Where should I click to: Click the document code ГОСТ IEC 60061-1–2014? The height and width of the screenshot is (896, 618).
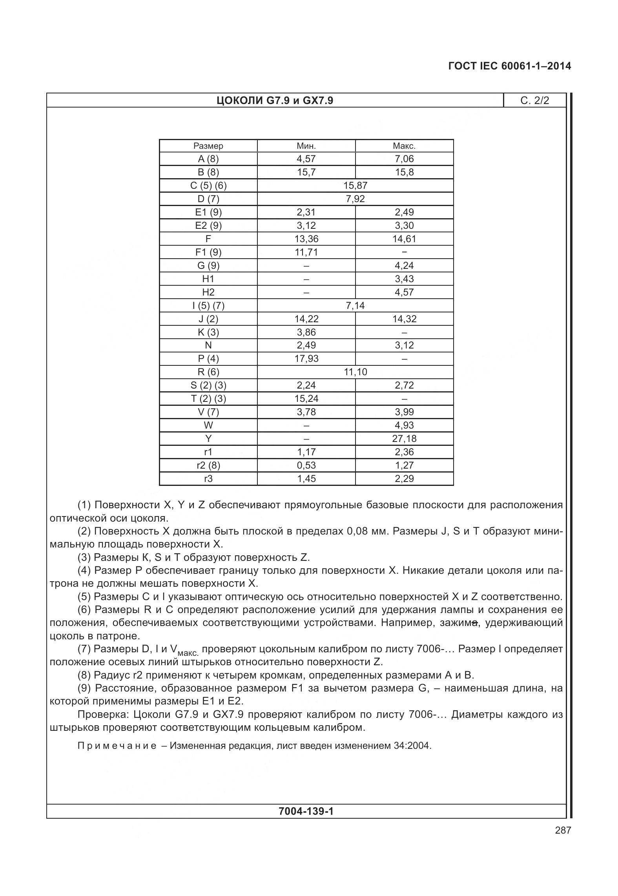[509, 66]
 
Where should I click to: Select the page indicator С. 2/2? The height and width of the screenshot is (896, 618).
[534, 101]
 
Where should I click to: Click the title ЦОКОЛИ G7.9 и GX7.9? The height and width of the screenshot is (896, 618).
[275, 101]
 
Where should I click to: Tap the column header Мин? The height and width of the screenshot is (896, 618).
[306, 146]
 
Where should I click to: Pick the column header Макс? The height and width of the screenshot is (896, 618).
[404, 146]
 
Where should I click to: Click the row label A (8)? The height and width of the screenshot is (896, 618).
[208, 159]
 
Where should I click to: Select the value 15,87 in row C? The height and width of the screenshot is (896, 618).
[355, 186]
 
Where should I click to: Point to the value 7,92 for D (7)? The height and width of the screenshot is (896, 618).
[355, 199]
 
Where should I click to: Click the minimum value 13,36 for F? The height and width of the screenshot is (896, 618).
[306, 239]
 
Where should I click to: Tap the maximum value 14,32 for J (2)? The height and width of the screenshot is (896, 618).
[404, 319]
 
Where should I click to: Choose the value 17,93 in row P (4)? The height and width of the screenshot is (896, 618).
[306, 359]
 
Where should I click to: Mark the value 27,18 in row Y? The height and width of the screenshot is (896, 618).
[404, 439]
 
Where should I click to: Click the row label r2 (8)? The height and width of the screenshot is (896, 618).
[208, 465]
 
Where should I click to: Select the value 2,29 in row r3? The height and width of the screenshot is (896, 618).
[404, 479]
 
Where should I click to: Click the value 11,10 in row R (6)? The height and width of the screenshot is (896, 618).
[355, 372]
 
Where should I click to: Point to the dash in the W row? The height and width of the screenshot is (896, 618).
[306, 425]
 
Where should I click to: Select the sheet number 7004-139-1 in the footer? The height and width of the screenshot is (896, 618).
[306, 811]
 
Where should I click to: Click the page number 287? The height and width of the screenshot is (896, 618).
[563, 830]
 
